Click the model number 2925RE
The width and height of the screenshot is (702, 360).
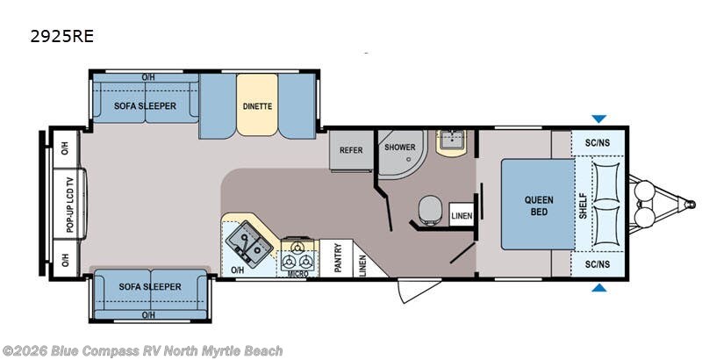pyautogui.click(x=61, y=36)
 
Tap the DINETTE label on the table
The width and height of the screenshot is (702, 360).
pyautogui.click(x=257, y=106)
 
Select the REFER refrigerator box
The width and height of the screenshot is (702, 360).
pyautogui.click(x=352, y=150)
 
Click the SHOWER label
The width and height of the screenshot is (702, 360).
pyautogui.click(x=400, y=147)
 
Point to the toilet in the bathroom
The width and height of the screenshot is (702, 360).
pyautogui.click(x=430, y=209)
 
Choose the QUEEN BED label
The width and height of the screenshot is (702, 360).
pyautogui.click(x=539, y=205)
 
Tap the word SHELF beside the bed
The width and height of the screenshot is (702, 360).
pyautogui.click(x=583, y=206)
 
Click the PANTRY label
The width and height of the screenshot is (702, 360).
pyautogui.click(x=338, y=257)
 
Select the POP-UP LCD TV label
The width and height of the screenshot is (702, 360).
pyautogui.click(x=69, y=205)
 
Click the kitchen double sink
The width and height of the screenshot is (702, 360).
pyautogui.click(x=249, y=244)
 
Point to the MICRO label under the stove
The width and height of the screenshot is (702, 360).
pyautogui.click(x=297, y=274)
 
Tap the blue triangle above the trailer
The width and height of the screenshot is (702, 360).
pyautogui.click(x=598, y=119)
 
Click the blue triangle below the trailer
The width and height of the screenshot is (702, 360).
pyautogui.click(x=599, y=287)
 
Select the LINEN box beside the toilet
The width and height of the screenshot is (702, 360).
pyautogui.click(x=462, y=215)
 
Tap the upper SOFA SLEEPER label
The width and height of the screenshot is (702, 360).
pyautogui.click(x=145, y=106)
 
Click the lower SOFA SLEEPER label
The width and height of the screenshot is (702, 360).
pyautogui.click(x=150, y=286)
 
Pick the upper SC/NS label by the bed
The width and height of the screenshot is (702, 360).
pyautogui.click(x=598, y=143)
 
